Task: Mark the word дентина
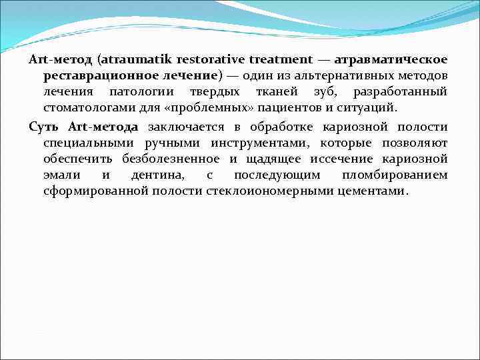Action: (154, 175)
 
